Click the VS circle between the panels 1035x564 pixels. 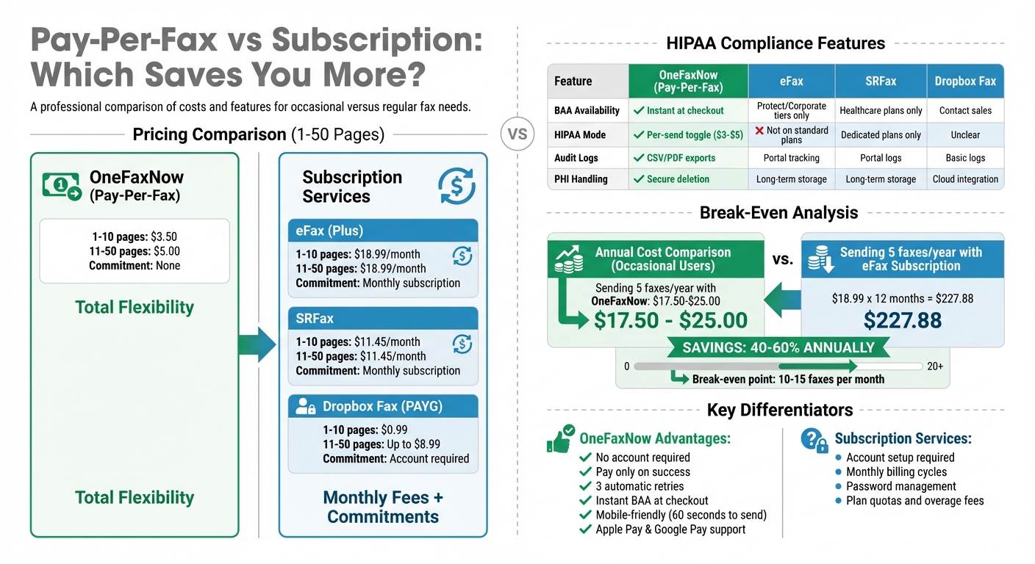pos(517,134)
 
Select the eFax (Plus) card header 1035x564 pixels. pos(382,231)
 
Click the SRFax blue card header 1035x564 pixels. pos(382,319)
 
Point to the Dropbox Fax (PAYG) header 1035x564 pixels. pos(382,406)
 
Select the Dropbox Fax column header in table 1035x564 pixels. pos(965,81)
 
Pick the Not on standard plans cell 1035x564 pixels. pos(792,135)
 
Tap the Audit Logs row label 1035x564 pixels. pos(576,158)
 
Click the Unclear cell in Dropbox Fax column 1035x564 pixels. pos(965,135)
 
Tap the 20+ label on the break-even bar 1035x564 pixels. pos(935,366)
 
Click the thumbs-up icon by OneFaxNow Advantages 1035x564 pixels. pos(561,438)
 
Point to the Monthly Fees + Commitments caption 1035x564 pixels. pos(383,507)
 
